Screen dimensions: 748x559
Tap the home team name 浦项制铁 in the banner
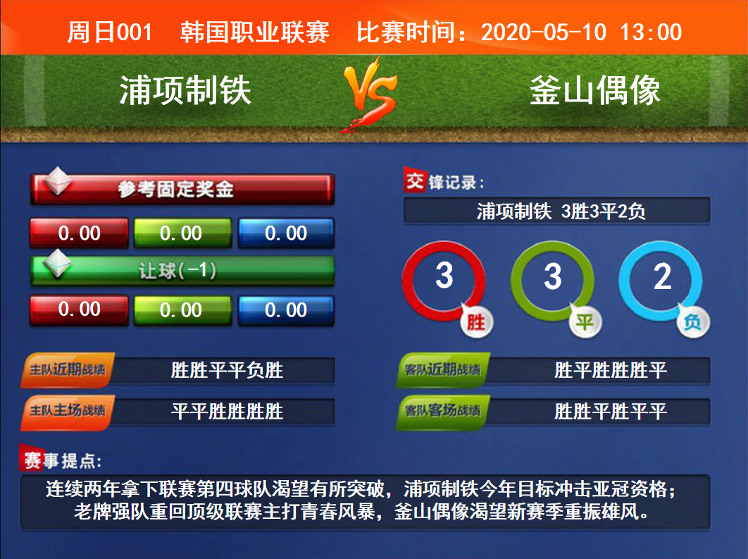click(x=185, y=90)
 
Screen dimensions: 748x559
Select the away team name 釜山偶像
click(x=595, y=90)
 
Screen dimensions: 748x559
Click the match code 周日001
click(x=110, y=32)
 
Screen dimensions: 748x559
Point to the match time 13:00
click(x=651, y=32)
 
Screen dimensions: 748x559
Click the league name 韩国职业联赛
click(x=255, y=32)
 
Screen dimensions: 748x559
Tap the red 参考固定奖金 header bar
click(x=182, y=189)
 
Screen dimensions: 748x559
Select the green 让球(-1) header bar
click(x=182, y=271)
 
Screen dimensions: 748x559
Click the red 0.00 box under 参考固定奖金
click(x=79, y=233)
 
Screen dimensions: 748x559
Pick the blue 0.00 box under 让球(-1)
click(x=286, y=310)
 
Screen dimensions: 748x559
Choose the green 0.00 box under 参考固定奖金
click(x=182, y=233)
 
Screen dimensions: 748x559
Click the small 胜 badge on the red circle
click(x=476, y=322)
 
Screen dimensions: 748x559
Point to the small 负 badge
click(x=693, y=322)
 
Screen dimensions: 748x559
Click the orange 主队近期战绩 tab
click(x=67, y=369)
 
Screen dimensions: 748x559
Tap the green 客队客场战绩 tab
click(x=443, y=410)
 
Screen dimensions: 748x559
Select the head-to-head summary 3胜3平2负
click(x=603, y=211)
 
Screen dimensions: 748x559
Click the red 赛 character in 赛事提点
click(x=32, y=459)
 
